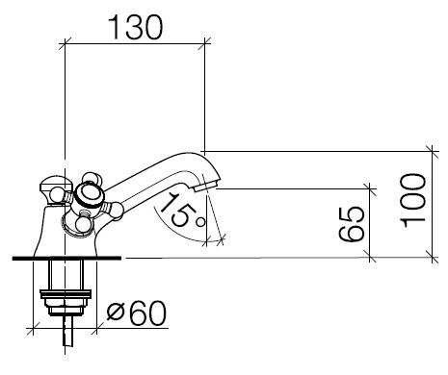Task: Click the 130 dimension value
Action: pyautogui.click(x=136, y=27)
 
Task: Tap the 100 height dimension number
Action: pyautogui.click(x=413, y=201)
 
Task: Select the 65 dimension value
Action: pyautogui.click(x=352, y=224)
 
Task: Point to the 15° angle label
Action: pyautogui.click(x=181, y=210)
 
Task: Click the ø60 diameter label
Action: pyautogui.click(x=137, y=313)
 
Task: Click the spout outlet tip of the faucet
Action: pyautogui.click(x=207, y=186)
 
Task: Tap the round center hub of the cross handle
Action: pyautogui.click(x=87, y=195)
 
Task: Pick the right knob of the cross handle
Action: pyautogui.click(x=116, y=210)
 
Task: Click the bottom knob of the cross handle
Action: pyautogui.click(x=83, y=224)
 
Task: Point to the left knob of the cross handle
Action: pyautogui.click(x=57, y=194)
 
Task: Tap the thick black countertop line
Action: pyautogui.click(x=66, y=259)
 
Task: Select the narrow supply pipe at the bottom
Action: pyautogui.click(x=67, y=331)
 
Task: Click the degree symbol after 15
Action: pyautogui.click(x=200, y=221)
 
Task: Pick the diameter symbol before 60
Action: pyautogui.click(x=116, y=312)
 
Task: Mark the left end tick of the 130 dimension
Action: pyautogui.click(x=65, y=44)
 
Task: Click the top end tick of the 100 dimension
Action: pyautogui.click(x=433, y=151)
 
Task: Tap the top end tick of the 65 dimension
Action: pyautogui.click(x=370, y=188)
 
